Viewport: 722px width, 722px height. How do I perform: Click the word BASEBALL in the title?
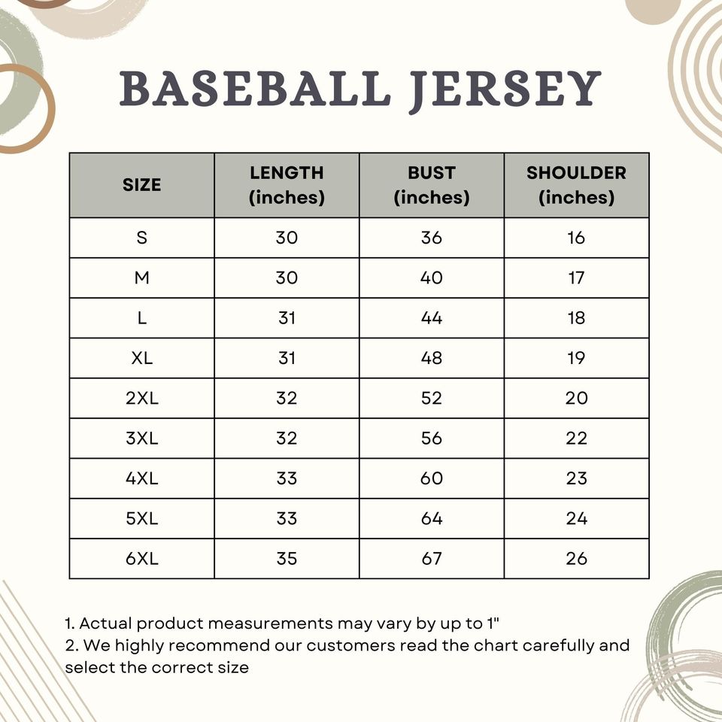click(255, 89)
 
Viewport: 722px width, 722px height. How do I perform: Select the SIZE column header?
click(142, 185)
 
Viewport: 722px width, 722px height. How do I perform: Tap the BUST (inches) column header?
click(432, 185)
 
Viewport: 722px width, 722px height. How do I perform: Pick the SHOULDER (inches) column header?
click(576, 185)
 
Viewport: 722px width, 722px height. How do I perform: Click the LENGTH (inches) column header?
click(287, 185)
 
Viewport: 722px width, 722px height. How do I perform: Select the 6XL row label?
click(142, 559)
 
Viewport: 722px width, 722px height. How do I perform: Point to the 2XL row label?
click(142, 399)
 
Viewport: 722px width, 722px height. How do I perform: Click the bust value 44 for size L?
click(432, 318)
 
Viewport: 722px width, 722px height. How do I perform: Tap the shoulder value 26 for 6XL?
click(576, 559)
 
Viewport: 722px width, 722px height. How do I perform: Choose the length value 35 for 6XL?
click(287, 559)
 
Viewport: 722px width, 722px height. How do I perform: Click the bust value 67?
click(432, 559)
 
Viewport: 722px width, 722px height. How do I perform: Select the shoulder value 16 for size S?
click(576, 238)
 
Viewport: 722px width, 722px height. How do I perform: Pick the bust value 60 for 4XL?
click(432, 478)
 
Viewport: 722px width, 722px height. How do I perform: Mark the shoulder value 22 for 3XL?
click(576, 438)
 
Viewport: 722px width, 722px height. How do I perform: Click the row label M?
click(142, 278)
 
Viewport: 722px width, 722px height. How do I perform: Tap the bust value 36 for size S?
click(432, 238)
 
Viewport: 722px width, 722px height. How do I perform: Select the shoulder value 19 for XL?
click(576, 358)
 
